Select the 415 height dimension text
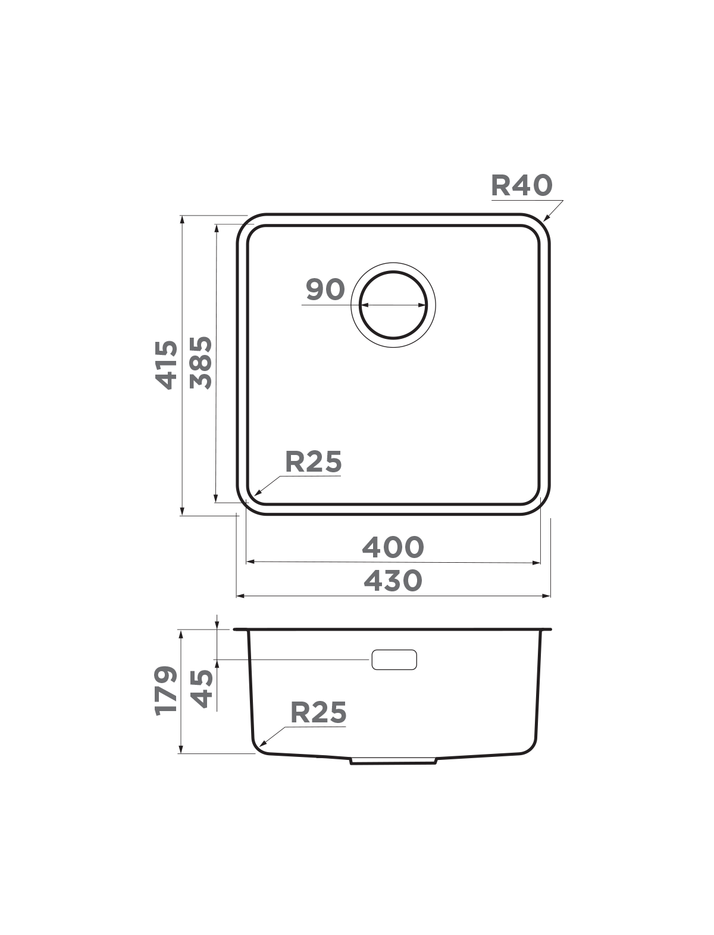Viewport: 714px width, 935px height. pyautogui.click(x=167, y=364)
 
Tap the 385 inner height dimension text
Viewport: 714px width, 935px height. pyautogui.click(x=201, y=363)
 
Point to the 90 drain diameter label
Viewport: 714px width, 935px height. pyautogui.click(x=325, y=289)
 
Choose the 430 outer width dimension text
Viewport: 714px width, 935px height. pyautogui.click(x=393, y=581)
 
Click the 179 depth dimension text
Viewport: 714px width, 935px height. pyautogui.click(x=165, y=690)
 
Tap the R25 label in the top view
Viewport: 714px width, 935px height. pyautogui.click(x=313, y=462)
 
